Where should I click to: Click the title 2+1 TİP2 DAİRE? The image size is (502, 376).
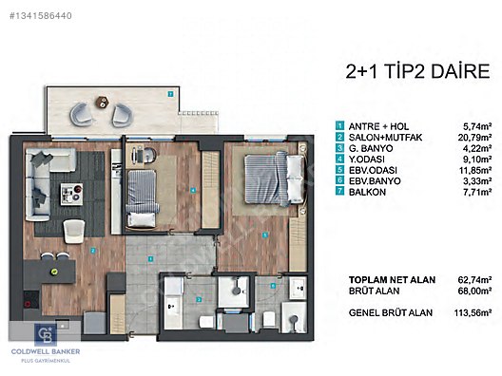(x=417, y=71)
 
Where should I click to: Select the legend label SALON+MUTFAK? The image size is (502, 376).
(x=385, y=138)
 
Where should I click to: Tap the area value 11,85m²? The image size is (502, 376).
(x=475, y=170)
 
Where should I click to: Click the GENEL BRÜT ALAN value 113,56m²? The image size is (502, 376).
(x=473, y=312)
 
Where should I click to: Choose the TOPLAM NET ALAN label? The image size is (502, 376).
(x=392, y=280)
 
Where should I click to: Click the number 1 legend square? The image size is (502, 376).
(x=339, y=125)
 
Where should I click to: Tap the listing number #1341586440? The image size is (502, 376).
(x=41, y=15)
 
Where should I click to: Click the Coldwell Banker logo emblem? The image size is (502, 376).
(x=46, y=334)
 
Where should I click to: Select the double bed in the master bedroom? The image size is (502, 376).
(x=275, y=179)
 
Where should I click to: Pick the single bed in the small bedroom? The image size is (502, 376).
(x=142, y=198)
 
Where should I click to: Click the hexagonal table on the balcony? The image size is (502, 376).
(x=102, y=103)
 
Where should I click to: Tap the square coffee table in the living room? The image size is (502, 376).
(x=72, y=195)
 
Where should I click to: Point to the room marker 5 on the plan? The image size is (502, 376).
(x=264, y=235)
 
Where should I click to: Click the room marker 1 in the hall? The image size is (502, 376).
(x=150, y=259)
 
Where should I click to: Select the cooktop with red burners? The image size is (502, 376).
(x=31, y=300)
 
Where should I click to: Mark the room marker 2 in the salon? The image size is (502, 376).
(x=93, y=251)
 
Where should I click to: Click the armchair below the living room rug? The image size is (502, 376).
(x=74, y=231)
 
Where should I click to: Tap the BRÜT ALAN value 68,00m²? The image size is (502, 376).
(x=474, y=291)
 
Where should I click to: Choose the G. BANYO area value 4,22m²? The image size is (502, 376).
(x=477, y=148)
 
